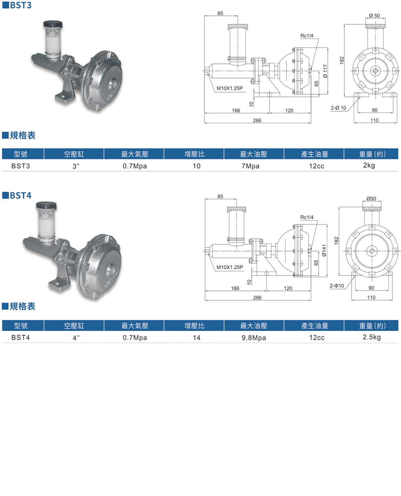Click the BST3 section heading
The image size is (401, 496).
coord(20,6)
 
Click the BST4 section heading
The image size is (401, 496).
coord(20,195)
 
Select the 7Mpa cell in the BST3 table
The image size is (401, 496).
coord(250,166)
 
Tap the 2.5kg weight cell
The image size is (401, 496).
coord(371,337)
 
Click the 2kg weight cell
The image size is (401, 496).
coord(369,165)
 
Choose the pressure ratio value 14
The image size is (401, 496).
coord(197,337)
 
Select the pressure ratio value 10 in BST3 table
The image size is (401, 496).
coord(197,166)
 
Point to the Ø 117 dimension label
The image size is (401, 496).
coord(325,71)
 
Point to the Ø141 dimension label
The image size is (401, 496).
coord(324,250)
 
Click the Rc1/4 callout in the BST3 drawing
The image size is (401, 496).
coord(307,36)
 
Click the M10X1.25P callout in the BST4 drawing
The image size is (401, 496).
coord(230,267)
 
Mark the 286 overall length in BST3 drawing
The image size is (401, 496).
coord(257,120)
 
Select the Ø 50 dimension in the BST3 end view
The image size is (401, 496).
coord(374,15)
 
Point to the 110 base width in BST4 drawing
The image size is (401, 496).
coord(371,298)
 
